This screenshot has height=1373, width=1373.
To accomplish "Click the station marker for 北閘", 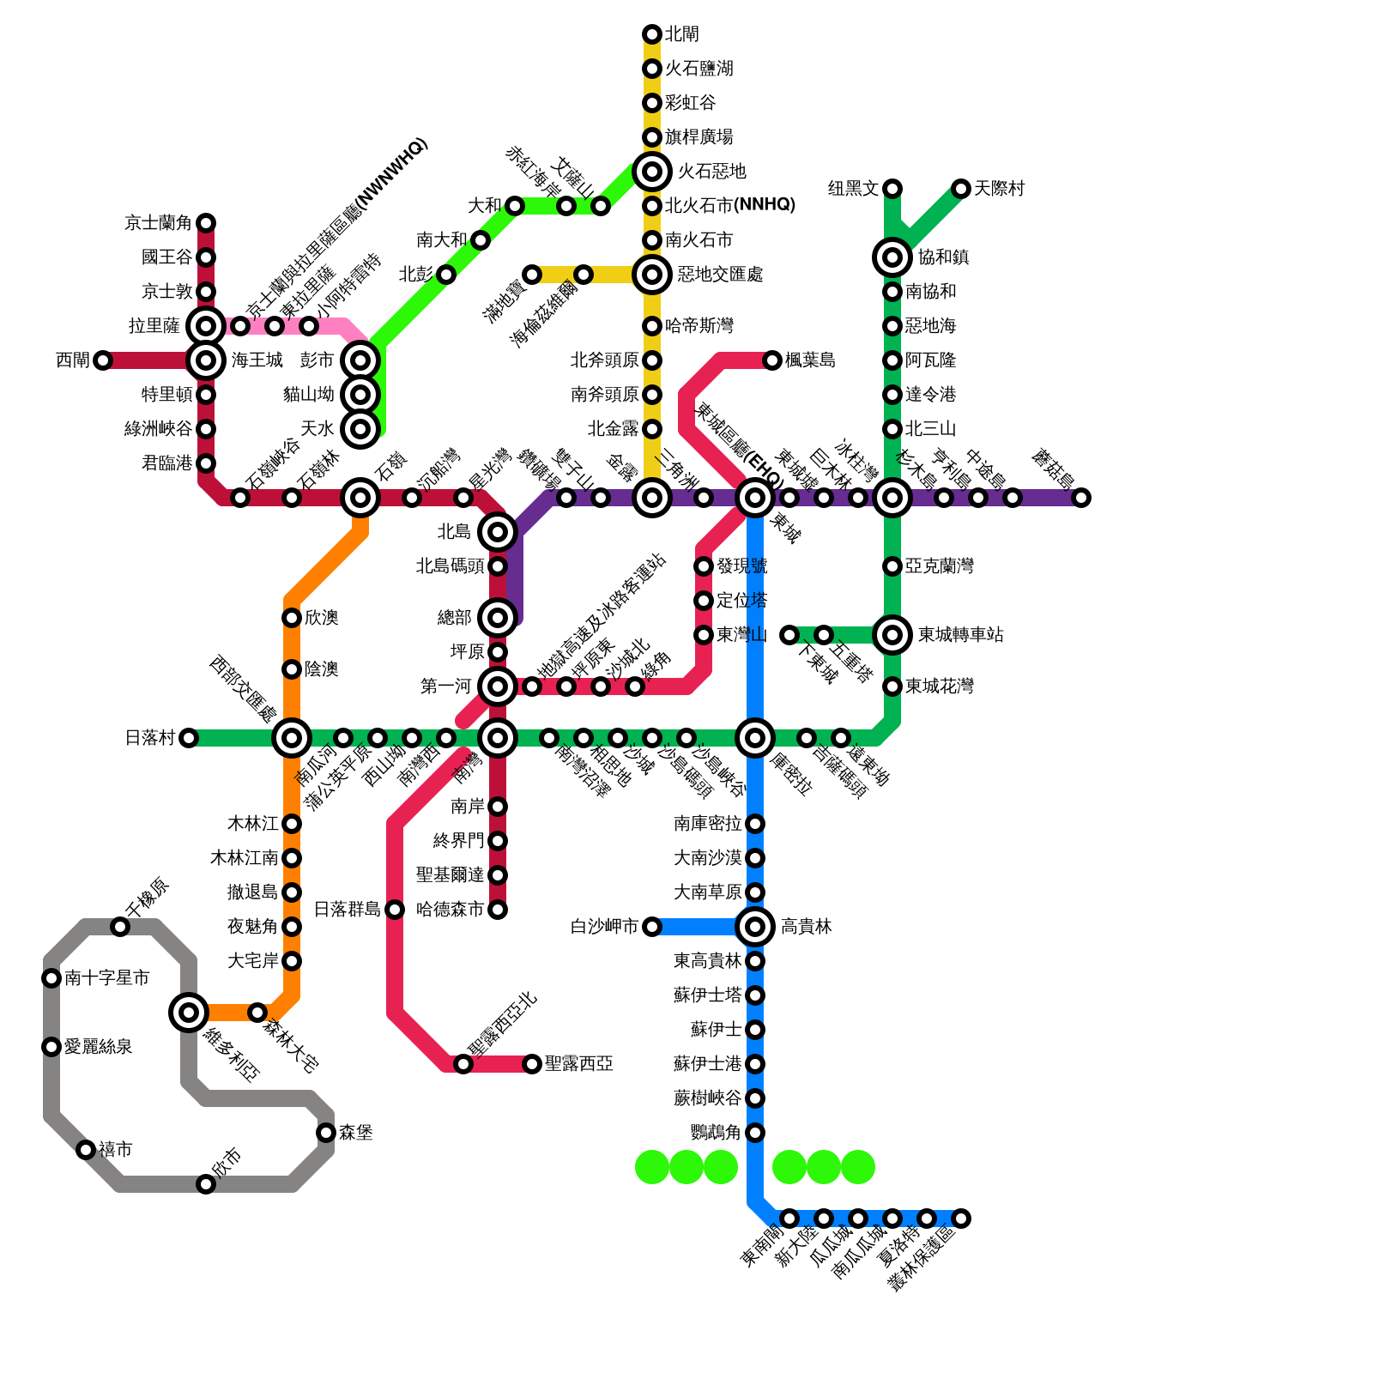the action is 652,34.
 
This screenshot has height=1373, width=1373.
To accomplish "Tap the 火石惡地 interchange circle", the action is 652,172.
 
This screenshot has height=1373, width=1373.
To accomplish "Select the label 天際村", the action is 999,189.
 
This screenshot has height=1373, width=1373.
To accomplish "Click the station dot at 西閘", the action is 103,360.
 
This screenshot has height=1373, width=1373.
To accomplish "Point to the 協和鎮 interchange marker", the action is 892,257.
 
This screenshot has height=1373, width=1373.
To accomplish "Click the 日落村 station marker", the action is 189,738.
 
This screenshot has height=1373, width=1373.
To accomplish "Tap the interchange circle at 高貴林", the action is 755,927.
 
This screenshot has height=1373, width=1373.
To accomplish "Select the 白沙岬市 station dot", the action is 652,927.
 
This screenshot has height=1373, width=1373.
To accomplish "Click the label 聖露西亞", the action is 578,1064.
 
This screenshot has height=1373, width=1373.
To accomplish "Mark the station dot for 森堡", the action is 326,1133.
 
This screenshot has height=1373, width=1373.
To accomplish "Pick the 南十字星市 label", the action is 106,978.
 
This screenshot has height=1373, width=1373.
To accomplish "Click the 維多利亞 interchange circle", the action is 189,1013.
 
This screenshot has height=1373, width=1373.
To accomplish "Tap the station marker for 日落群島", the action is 395,910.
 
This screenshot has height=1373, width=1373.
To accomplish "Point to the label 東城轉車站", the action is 960,635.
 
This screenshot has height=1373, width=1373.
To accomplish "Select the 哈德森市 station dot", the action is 498,910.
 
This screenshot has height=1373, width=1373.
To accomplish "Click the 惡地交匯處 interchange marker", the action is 652,275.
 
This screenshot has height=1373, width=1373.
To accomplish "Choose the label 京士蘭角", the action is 158,223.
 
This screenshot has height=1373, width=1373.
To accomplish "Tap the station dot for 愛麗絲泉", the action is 51,1047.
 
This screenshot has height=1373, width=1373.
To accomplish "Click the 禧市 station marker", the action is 86,1150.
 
